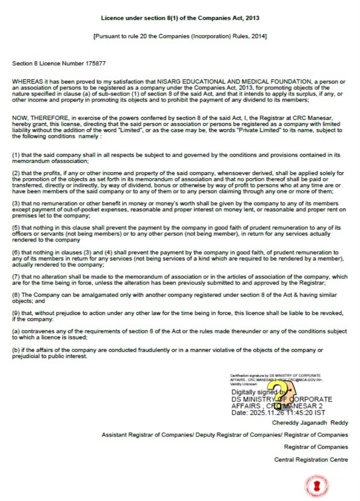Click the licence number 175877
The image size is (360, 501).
click(x=95, y=63)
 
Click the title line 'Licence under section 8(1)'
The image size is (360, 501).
click(x=180, y=18)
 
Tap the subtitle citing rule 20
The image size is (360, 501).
click(x=180, y=36)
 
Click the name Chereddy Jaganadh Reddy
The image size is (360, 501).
click(x=317, y=422)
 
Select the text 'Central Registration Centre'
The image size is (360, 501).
click(x=311, y=459)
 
